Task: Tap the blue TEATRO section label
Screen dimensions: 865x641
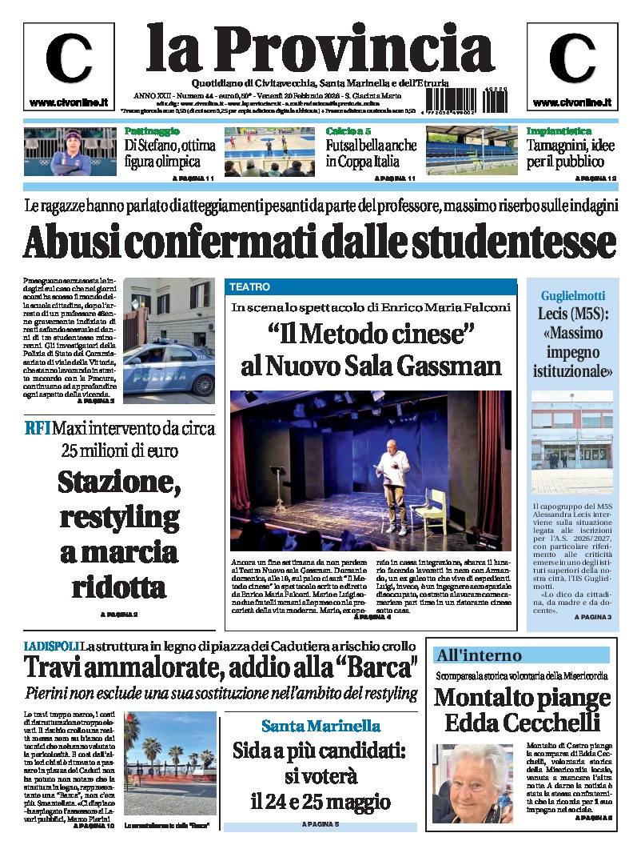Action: coord(249,286)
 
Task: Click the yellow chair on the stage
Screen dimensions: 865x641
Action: coord(436,511)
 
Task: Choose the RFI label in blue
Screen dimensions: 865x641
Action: coord(38,428)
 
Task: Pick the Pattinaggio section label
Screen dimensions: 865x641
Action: coord(152,130)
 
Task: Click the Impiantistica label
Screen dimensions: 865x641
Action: coord(559,130)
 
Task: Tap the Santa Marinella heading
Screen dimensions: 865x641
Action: coord(320,727)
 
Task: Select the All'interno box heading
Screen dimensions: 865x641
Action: coord(478,655)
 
